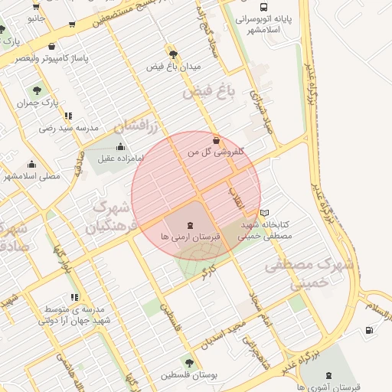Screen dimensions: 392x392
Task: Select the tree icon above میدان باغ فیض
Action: point(173,54)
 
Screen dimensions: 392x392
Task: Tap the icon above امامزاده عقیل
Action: point(119,146)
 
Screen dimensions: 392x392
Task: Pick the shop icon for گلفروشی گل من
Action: point(217,140)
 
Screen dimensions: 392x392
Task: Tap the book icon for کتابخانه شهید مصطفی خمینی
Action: point(265,212)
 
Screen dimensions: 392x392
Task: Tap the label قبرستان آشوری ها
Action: point(328,387)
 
